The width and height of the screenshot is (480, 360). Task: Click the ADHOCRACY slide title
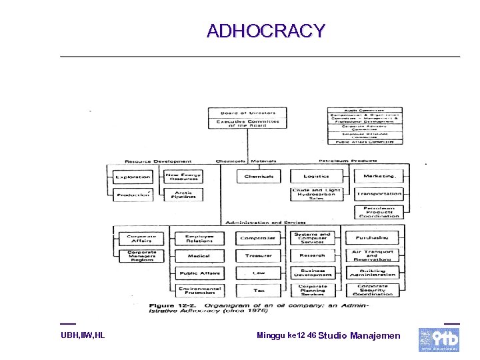pyautogui.click(x=266, y=31)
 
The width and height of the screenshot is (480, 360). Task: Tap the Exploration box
pyautogui.click(x=133, y=177)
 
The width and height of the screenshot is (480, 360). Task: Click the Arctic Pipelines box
pyautogui.click(x=183, y=195)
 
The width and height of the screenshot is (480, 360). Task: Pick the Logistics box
pyautogui.click(x=316, y=177)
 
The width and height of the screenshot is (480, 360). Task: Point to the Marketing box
pyautogui.click(x=379, y=177)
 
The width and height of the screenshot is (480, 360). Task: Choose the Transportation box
pyautogui.click(x=379, y=194)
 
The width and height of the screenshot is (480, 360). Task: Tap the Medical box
pyautogui.click(x=199, y=255)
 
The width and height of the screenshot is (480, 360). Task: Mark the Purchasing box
pyautogui.click(x=371, y=237)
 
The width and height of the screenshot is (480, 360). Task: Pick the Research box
pyautogui.click(x=312, y=255)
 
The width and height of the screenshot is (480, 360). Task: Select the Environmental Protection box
pyautogui.click(x=199, y=291)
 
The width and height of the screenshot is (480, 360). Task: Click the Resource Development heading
pyautogui.click(x=158, y=161)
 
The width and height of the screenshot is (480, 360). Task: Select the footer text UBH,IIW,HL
pyautogui.click(x=83, y=335)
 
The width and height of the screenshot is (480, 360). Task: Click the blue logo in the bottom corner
pyautogui.click(x=439, y=339)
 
